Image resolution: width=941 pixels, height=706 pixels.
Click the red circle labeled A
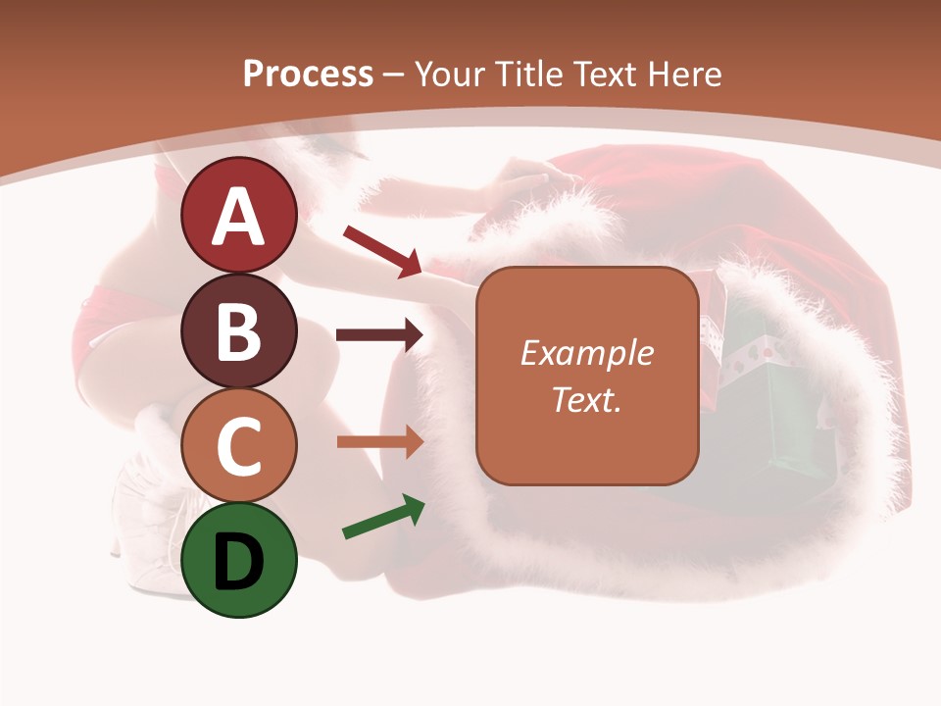pyautogui.click(x=239, y=216)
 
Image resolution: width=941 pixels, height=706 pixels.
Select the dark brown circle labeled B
pyautogui.click(x=239, y=330)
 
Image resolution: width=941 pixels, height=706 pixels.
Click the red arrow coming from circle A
pyautogui.click(x=382, y=251)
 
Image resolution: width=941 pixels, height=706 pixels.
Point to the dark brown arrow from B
pyautogui.click(x=379, y=336)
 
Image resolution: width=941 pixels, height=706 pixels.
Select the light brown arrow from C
pyautogui.click(x=379, y=442)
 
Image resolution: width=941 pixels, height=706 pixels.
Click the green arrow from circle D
pyautogui.click(x=383, y=518)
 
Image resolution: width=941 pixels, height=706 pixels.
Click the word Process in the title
pyautogui.click(x=308, y=74)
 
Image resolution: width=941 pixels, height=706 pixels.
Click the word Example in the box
pyautogui.click(x=587, y=353)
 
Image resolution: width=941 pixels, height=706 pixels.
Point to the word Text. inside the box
pyautogui.click(x=587, y=399)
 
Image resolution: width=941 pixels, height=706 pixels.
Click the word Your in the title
pyautogui.click(x=450, y=74)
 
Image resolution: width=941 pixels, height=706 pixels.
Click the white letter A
pyautogui.click(x=239, y=217)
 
